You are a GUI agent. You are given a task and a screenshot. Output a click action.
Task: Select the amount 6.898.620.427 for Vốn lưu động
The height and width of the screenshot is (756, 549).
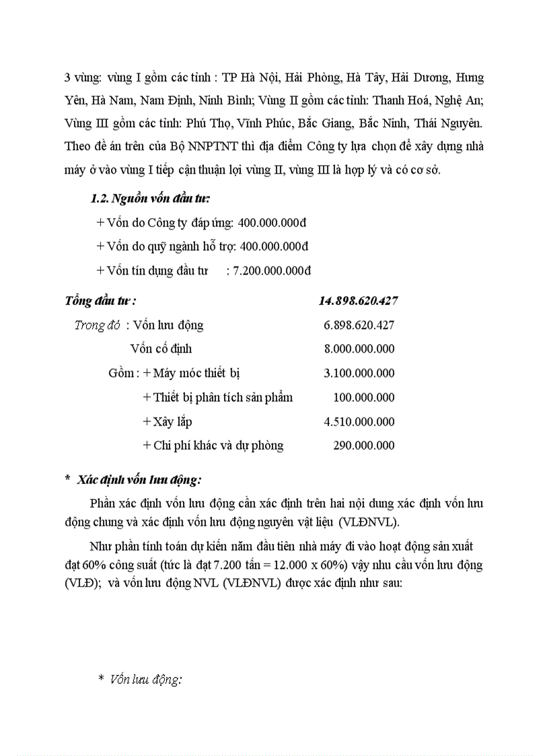click(359, 325)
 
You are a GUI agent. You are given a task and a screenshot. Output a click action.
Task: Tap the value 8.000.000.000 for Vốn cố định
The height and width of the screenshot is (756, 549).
click(359, 349)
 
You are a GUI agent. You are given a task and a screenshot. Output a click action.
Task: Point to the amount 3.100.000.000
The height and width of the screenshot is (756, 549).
click(359, 373)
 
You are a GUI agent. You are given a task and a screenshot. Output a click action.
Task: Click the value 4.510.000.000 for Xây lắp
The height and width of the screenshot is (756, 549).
click(359, 421)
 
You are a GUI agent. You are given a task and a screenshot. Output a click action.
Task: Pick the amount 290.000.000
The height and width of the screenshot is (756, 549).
click(364, 445)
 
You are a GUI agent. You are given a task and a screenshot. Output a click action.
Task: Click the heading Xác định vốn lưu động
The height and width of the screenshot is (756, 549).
click(139, 479)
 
